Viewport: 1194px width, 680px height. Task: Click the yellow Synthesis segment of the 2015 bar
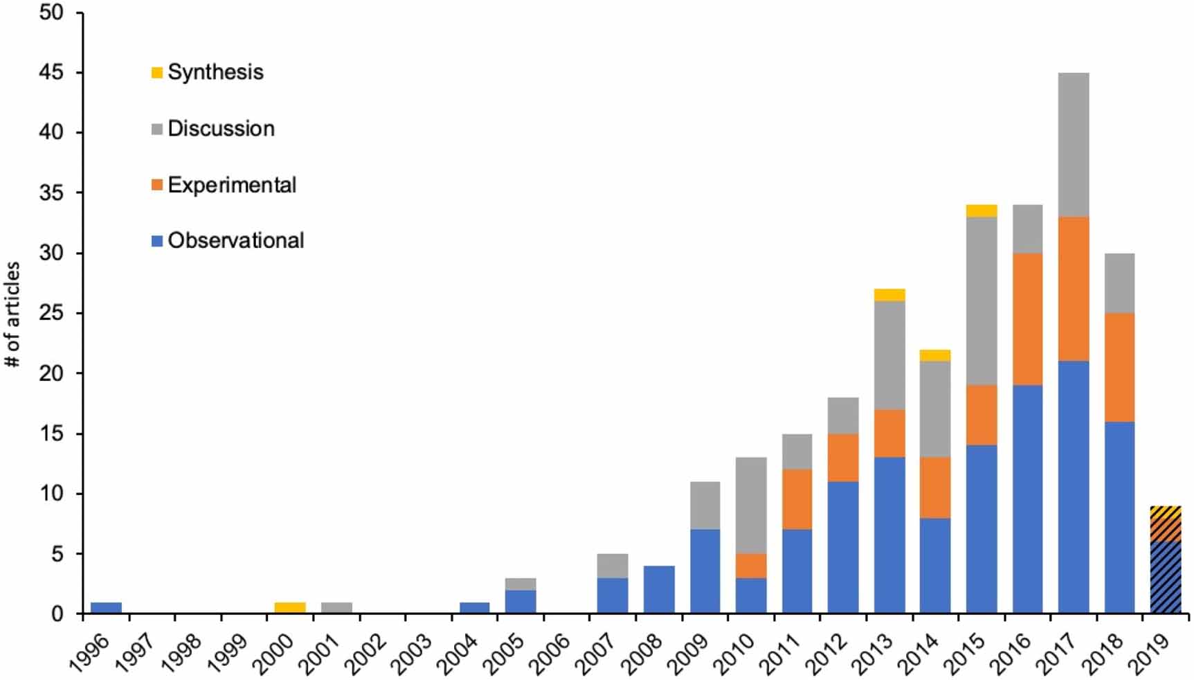[982, 211]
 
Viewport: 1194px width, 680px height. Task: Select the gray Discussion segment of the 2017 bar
[1074, 145]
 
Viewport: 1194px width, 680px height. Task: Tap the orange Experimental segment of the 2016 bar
[1028, 319]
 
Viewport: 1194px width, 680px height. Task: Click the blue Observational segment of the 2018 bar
[1119, 517]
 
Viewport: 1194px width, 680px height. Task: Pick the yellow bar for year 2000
[290, 608]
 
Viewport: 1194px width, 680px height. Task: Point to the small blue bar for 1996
[106, 608]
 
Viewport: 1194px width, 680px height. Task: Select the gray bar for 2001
[336, 608]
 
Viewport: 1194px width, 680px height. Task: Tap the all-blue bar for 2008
[659, 589]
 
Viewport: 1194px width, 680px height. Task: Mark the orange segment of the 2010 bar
[751, 566]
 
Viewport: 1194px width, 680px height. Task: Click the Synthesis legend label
[215, 72]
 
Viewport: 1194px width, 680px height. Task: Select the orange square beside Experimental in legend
[157, 185]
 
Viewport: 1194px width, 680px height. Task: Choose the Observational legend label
[235, 240]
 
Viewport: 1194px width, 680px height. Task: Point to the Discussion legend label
[221, 129]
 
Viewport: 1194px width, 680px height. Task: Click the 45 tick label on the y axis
[51, 73]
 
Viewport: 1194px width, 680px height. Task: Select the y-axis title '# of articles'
[12, 314]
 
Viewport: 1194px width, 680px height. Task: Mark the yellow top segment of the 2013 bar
[889, 295]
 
